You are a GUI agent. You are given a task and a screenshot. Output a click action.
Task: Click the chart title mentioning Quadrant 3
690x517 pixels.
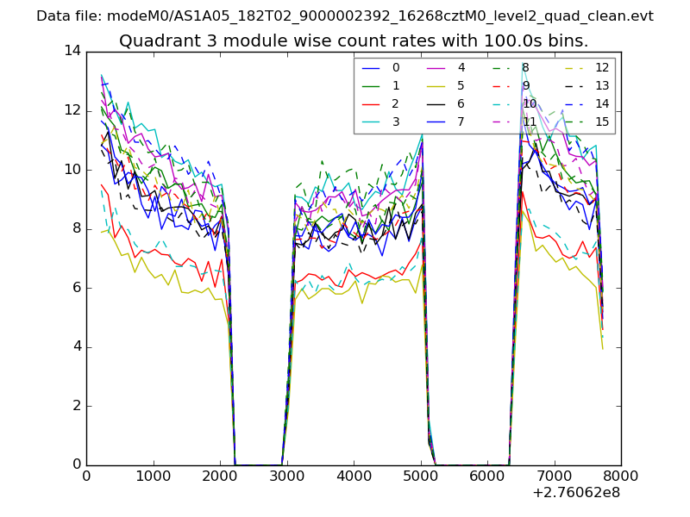click(354, 40)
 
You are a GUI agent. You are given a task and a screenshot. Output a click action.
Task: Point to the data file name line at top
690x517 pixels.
click(345, 16)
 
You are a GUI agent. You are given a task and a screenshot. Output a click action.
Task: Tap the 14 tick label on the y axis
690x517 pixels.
click(72, 51)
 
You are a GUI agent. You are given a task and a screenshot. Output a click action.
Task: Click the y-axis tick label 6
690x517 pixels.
click(76, 288)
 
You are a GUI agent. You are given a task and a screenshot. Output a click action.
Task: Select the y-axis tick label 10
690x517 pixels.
click(72, 170)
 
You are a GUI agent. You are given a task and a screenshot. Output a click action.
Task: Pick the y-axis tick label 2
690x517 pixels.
click(76, 406)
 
